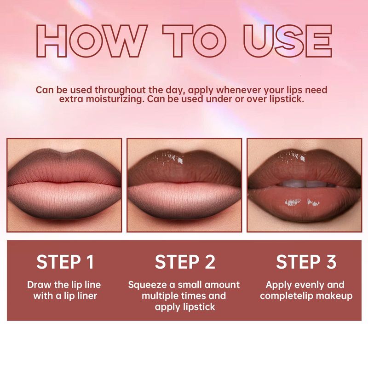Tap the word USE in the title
(x=288, y=41)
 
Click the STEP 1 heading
(x=65, y=262)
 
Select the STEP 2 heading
(x=185, y=262)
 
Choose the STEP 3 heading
(x=306, y=262)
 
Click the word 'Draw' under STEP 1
(x=39, y=285)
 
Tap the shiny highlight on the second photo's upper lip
(x=173, y=157)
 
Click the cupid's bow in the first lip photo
(x=64, y=154)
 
